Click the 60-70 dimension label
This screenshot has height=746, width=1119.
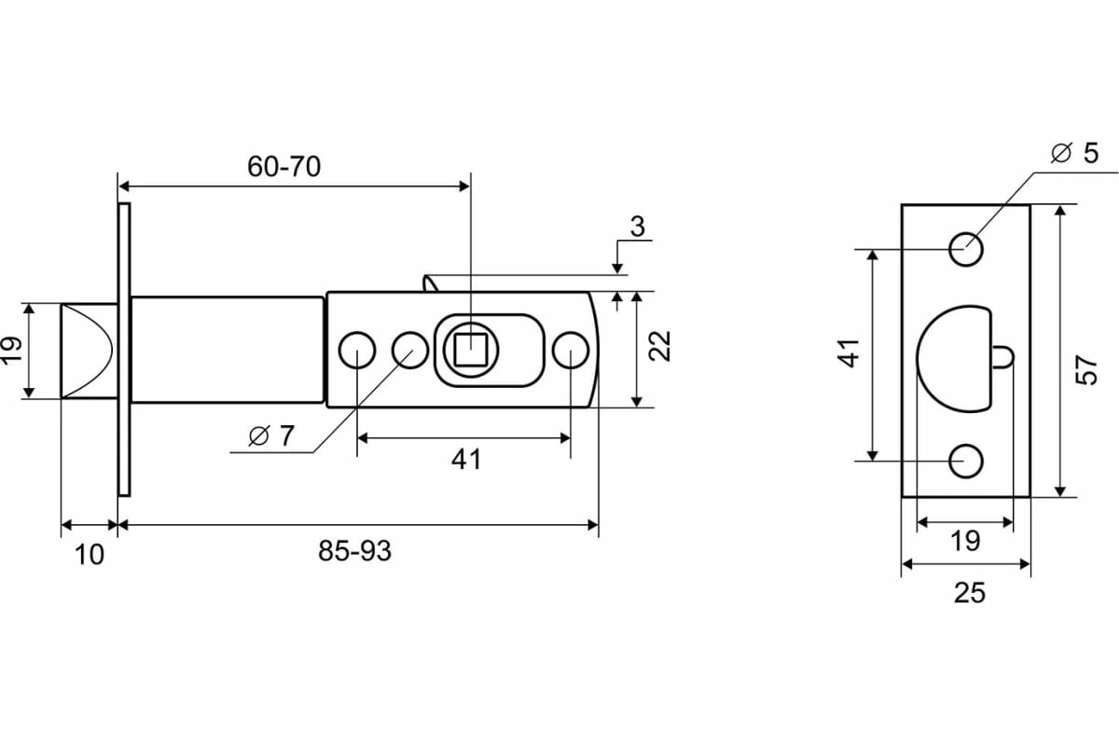(x=283, y=167)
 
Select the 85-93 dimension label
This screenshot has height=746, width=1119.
(x=354, y=551)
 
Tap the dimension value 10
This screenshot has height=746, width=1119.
(x=89, y=555)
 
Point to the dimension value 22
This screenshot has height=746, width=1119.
(x=660, y=346)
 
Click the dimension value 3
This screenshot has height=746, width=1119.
(x=637, y=227)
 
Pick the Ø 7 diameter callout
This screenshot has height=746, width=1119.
(x=271, y=435)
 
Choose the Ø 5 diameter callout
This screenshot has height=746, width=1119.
(x=1074, y=154)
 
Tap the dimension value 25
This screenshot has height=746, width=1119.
(x=970, y=592)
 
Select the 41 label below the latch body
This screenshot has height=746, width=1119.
(x=465, y=459)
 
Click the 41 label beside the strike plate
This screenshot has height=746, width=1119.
(x=849, y=354)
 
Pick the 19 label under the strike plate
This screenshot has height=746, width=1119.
(x=965, y=540)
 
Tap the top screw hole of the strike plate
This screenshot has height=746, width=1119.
(x=966, y=249)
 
